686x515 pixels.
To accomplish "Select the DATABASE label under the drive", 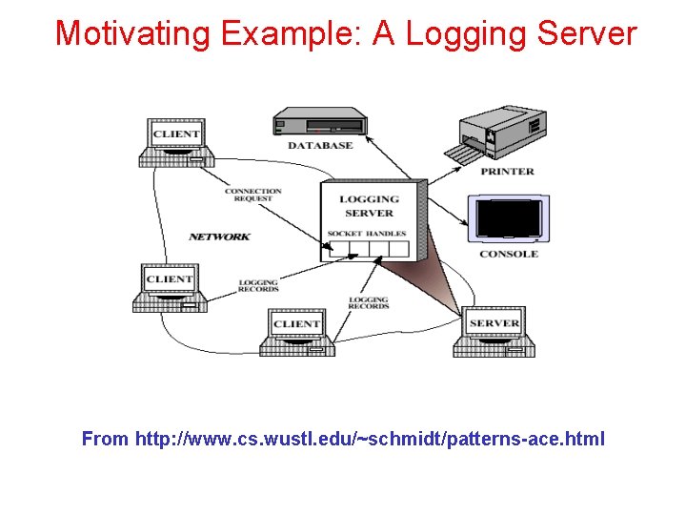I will (x=320, y=146).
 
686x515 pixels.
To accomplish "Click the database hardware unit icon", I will (x=320, y=124).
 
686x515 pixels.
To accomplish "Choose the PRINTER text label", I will (x=508, y=172).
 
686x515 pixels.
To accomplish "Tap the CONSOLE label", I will (x=509, y=255).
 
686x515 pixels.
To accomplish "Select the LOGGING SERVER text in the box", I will (x=370, y=206).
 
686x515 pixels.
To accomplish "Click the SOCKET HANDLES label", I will (x=367, y=234).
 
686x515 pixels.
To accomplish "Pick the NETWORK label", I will (x=219, y=237).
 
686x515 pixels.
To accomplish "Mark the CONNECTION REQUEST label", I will (x=252, y=195).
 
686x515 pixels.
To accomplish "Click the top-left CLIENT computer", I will (x=175, y=143).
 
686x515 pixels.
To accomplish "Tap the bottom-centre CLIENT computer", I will (x=296, y=332).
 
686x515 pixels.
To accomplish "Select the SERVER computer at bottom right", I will (x=494, y=331).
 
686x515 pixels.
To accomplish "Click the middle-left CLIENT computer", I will (x=170, y=287).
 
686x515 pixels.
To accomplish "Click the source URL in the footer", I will (x=370, y=439).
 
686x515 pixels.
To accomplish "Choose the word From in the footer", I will (x=105, y=439).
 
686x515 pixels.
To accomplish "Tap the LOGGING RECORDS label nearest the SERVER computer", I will (x=369, y=303).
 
